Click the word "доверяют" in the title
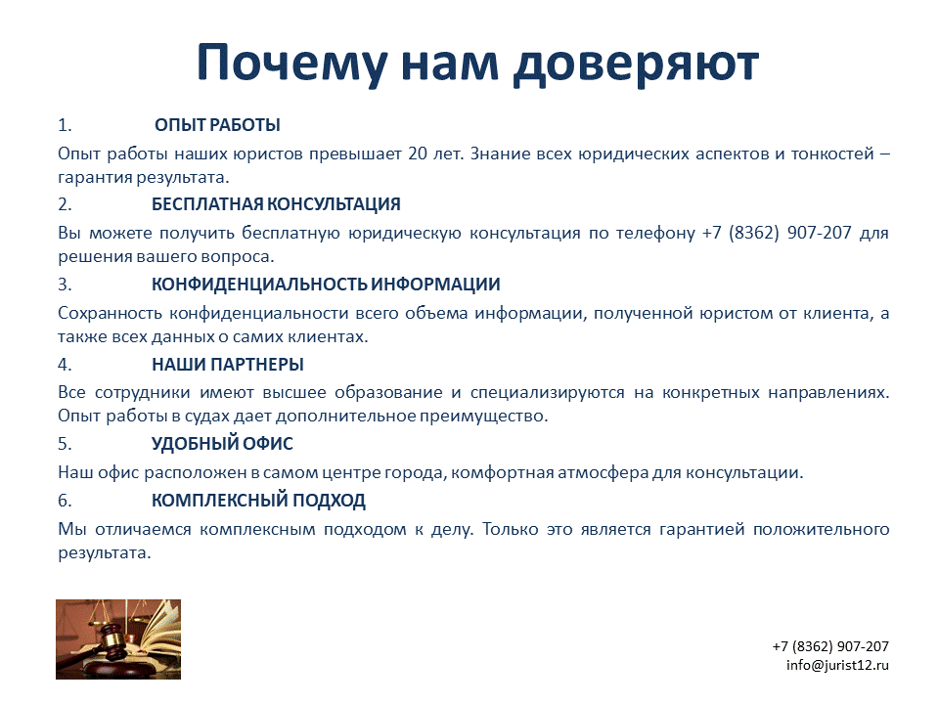click(636, 65)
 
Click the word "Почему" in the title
click(292, 63)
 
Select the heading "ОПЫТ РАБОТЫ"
click(217, 125)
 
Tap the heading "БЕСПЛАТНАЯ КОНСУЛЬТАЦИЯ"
click(276, 204)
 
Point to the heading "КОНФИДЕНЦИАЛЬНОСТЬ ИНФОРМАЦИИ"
click(326, 284)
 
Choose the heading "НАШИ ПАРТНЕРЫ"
click(228, 364)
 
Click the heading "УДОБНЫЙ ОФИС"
click(222, 444)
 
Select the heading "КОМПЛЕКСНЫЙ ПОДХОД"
click(258, 501)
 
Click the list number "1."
click(65, 125)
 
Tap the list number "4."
click(65, 364)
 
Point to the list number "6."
click(65, 501)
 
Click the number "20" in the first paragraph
click(418, 154)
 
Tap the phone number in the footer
click(830, 646)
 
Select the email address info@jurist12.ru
click(838, 665)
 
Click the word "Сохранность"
click(111, 313)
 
